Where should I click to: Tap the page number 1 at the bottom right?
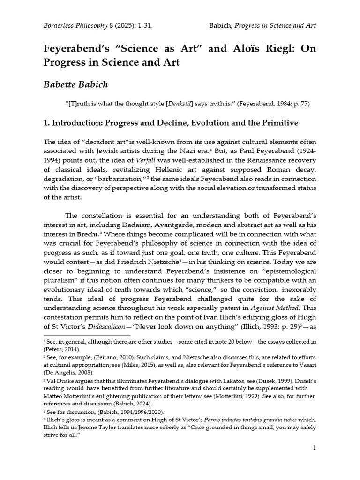tap(315, 448)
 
